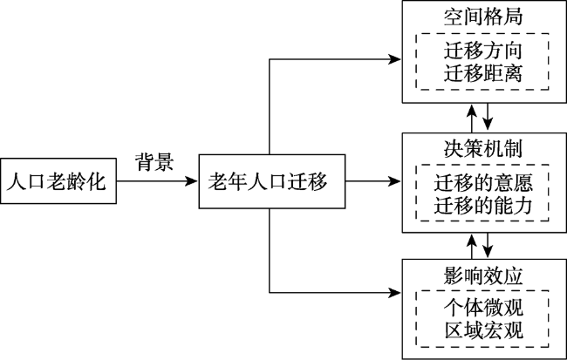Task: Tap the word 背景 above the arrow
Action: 154,161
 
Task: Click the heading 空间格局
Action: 483,17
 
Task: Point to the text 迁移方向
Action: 483,51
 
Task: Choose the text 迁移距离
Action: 483,73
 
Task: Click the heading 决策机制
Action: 483,148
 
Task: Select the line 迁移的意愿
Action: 483,182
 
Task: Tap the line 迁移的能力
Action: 483,206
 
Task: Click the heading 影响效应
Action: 483,276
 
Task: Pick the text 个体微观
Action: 483,308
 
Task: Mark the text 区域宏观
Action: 483,330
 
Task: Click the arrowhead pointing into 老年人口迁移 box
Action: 191,180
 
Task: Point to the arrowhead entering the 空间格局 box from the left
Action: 395,59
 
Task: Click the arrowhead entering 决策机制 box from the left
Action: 395,180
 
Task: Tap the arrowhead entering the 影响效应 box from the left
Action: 395,292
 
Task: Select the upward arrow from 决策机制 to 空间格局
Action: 472,119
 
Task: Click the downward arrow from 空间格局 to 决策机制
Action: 488,117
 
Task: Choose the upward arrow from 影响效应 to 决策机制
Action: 472,246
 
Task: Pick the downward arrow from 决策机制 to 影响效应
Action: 488,246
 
